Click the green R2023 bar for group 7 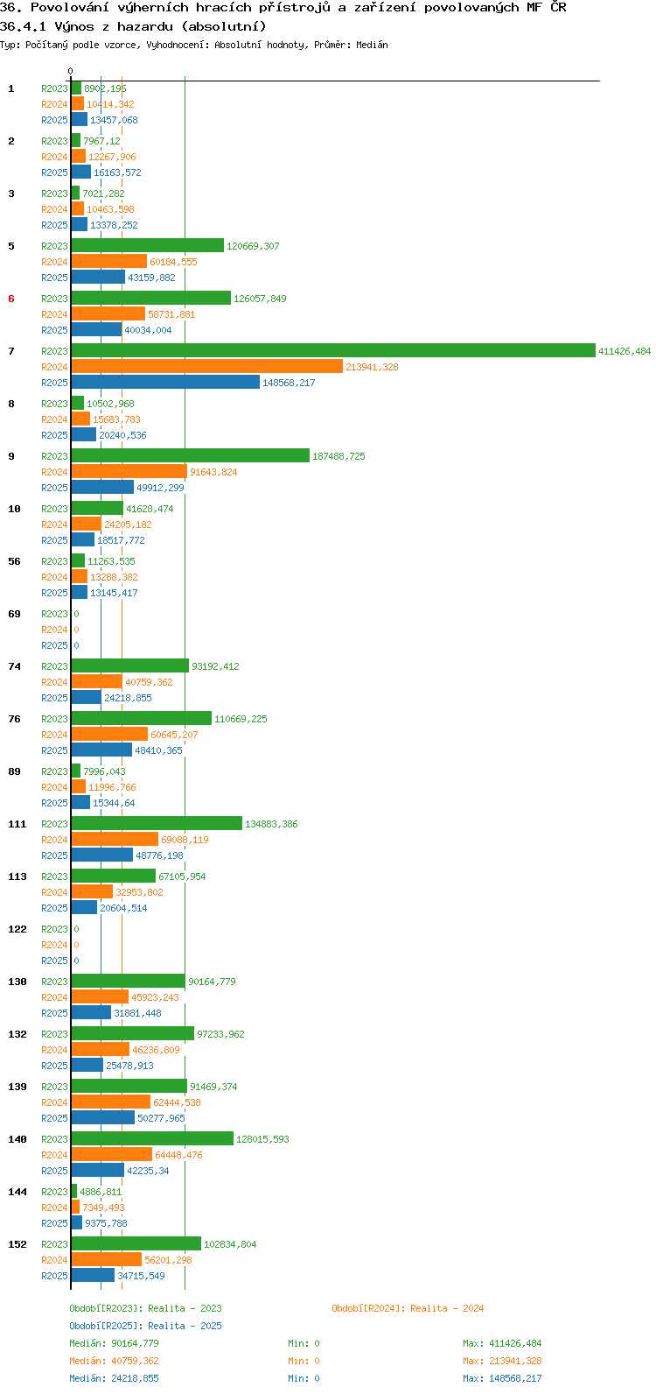[333, 350]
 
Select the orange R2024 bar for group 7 [207, 366]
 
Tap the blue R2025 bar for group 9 [102, 487]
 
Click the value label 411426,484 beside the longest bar [625, 351]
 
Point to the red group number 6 [11, 299]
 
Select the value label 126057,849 [260, 299]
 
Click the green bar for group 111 [157, 823]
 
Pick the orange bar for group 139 [111, 1102]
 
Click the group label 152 [17, 1244]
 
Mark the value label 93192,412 [215, 666]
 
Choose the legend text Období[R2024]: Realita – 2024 [408, 1308]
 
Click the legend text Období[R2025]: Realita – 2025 [145, 1326]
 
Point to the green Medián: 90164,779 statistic [114, 1343]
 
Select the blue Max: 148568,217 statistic [502, 1378]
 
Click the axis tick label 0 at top [70, 71]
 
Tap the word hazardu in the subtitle [145, 27]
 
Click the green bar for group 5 [147, 245]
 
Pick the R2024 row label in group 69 [54, 630]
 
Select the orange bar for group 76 [109, 734]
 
